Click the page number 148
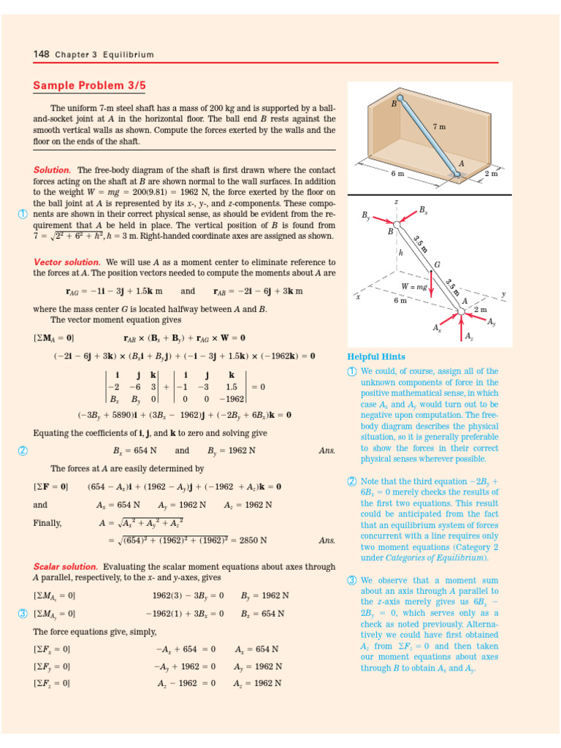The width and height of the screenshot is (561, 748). [x=40, y=55]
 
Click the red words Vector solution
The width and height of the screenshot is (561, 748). [x=66, y=262]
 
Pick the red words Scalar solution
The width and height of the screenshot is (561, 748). [x=65, y=566]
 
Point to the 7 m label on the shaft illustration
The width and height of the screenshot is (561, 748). [x=439, y=126]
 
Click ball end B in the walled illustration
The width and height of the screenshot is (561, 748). [x=399, y=99]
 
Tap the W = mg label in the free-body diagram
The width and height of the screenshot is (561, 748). [x=413, y=286]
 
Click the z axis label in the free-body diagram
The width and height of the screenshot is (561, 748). [x=396, y=201]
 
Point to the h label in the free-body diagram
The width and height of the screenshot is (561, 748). [x=401, y=253]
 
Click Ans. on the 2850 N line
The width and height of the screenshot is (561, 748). [x=327, y=541]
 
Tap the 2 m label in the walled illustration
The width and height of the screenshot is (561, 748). [x=491, y=174]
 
